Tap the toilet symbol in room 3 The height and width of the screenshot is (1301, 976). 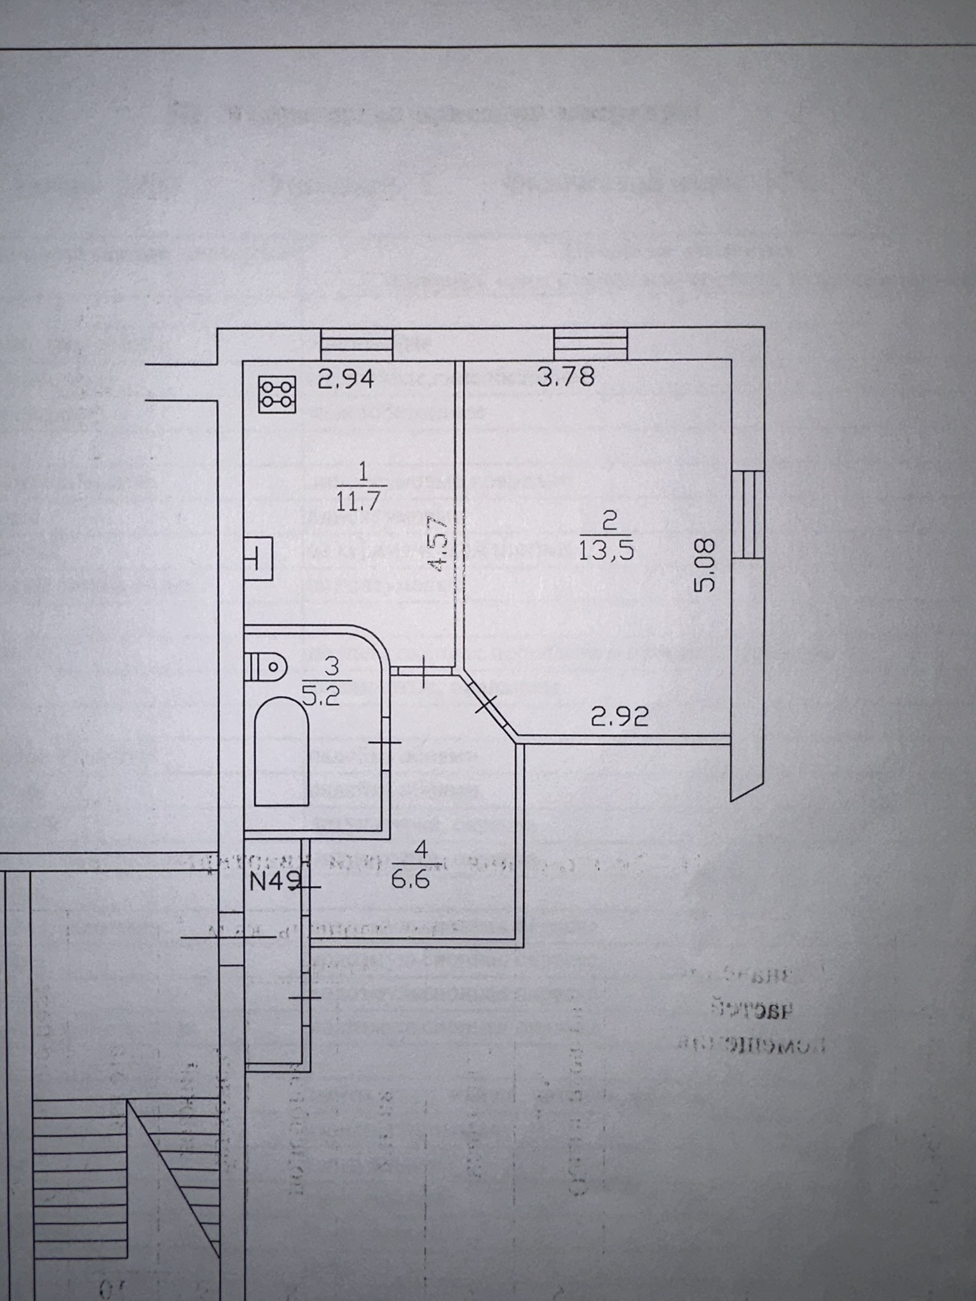pos(266,667)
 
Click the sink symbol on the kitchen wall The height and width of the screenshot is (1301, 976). pos(259,559)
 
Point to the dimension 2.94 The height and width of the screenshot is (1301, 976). pos(346,379)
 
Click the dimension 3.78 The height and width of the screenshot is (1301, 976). pos(566,377)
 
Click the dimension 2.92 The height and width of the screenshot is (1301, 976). pos(620,717)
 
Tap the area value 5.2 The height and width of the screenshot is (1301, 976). pos(322,696)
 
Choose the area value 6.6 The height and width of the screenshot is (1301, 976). pos(410,880)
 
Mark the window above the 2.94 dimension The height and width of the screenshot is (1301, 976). pos(356,344)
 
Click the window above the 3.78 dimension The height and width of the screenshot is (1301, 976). pos(590,344)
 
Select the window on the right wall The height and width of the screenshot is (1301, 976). pos(747,515)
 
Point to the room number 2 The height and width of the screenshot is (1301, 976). pos(609,522)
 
